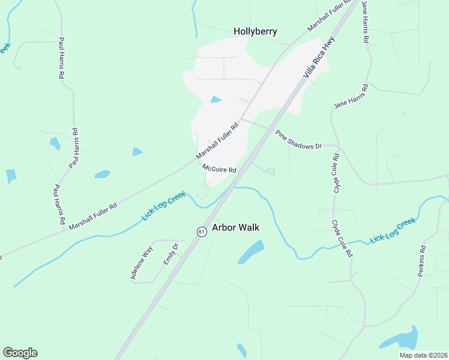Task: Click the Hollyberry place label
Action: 255,31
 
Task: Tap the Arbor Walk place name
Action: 236,227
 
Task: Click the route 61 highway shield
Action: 202,231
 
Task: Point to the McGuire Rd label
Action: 219,169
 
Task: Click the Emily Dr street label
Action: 172,254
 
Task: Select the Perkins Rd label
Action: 422,260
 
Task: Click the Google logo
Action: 20,353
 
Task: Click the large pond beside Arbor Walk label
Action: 252,251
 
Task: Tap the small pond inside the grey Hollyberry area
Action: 215,100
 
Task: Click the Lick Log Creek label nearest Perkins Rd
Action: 393,230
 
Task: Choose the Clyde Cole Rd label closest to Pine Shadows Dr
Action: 336,173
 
